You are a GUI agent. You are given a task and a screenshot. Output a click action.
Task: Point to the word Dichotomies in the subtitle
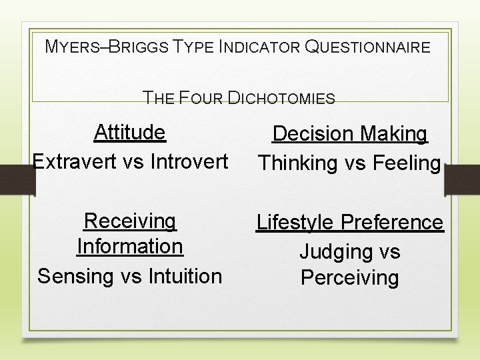pos(281,99)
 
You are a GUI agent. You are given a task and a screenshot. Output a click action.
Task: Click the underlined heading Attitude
pos(130,132)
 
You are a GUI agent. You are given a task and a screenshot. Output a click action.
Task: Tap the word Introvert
pos(189,161)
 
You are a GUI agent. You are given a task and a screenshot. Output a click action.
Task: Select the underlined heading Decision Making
pos(350,134)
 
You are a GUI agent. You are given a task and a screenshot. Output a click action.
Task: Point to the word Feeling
pos(406,163)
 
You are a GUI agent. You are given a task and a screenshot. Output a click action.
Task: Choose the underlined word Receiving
pos(130,221)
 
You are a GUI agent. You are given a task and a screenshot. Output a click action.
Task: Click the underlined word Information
pos(130,246)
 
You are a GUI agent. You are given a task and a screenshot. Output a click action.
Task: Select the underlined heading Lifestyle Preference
pos(350,222)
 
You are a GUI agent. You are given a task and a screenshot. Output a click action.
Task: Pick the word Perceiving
pos(350,277)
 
